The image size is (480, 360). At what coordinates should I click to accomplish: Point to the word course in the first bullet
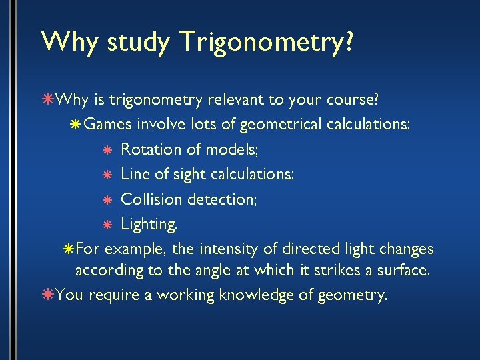click(x=350, y=100)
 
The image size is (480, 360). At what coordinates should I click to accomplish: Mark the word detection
click(x=223, y=199)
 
